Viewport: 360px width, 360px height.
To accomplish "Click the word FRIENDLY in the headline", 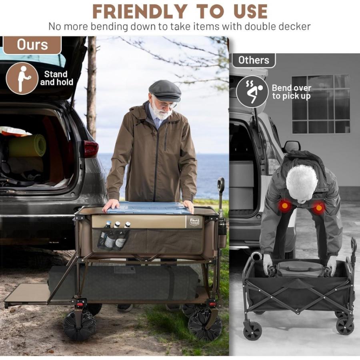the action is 140,12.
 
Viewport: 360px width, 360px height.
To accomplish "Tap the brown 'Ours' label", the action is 32,45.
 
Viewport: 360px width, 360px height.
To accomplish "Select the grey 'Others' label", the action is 254,60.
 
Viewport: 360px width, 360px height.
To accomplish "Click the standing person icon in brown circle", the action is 22,78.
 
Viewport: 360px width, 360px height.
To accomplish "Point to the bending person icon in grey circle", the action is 252,92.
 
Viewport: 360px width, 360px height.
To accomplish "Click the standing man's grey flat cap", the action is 165,90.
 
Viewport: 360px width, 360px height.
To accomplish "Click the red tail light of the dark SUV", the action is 91,149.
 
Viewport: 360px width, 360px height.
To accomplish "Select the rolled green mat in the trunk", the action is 27,146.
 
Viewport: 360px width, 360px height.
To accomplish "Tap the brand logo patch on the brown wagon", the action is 194,222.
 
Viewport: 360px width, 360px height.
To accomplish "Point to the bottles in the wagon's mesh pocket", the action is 114,236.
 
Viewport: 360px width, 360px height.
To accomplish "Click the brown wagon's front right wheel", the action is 205,324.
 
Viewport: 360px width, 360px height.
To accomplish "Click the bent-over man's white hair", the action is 302,182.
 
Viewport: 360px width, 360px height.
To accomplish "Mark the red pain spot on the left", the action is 285,206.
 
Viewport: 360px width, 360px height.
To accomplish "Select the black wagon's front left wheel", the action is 252,330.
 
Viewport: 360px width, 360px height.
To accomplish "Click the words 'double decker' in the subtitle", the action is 277,27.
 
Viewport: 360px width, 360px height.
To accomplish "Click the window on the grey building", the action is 321,104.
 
